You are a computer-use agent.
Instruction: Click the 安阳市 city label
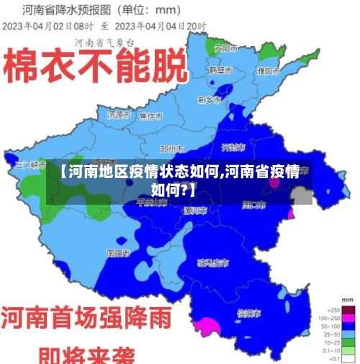tap(226, 48)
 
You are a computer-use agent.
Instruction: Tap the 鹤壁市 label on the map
tap(220, 71)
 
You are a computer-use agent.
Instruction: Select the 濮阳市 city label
tap(268, 71)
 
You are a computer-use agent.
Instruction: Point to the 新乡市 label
tap(210, 99)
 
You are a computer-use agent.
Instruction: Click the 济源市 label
tap(118, 115)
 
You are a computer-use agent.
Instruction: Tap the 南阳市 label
tap(117, 253)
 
